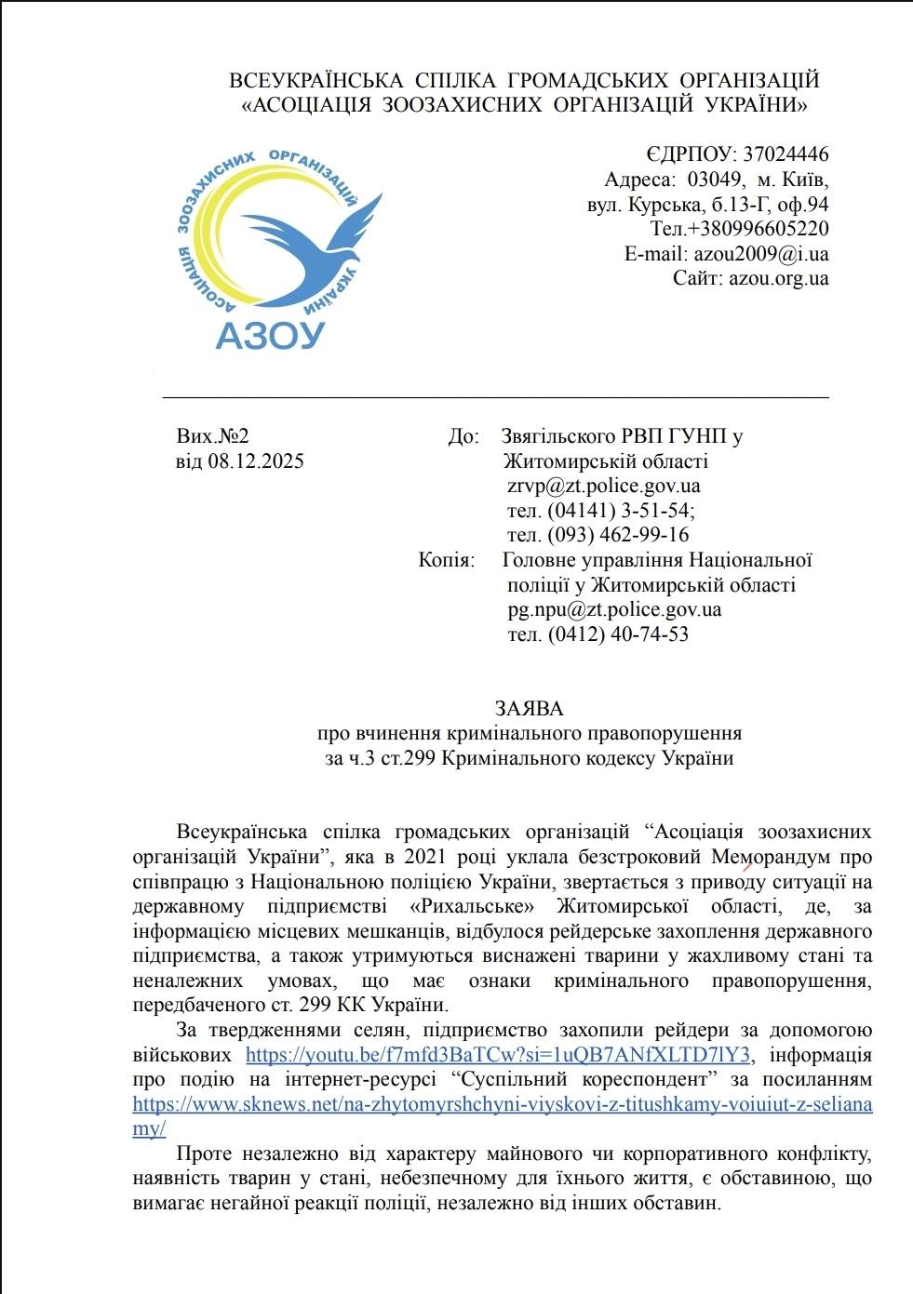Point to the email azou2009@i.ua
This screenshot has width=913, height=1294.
pyautogui.click(x=759, y=254)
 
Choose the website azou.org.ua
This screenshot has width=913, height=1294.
pyautogui.click(x=778, y=278)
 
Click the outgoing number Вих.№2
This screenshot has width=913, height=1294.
pyautogui.click(x=213, y=436)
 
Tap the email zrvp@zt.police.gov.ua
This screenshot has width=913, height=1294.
pyautogui.click(x=604, y=486)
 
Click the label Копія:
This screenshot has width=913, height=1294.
pyautogui.click(x=446, y=560)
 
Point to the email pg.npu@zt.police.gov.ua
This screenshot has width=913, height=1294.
pyautogui.click(x=614, y=610)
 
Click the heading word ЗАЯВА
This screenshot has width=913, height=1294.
pyautogui.click(x=529, y=709)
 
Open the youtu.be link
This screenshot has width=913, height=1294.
pyautogui.click(x=498, y=1055)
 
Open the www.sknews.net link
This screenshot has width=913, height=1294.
pyautogui.click(x=503, y=1104)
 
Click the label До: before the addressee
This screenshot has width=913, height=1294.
pyautogui.click(x=463, y=436)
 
